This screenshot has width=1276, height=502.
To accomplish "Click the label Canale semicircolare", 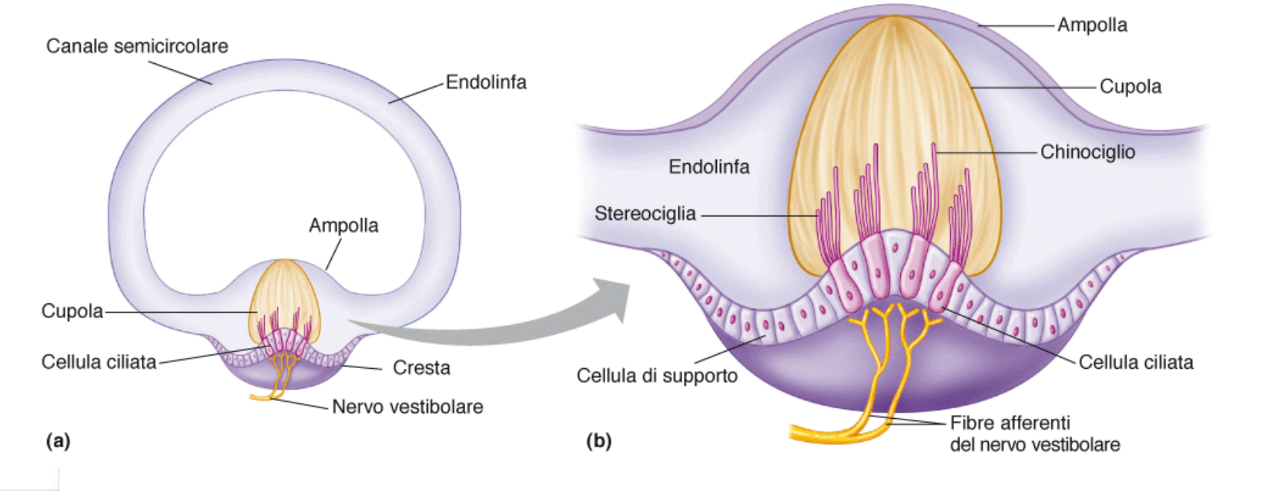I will [x=137, y=46].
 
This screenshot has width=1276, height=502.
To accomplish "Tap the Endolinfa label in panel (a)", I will [x=486, y=82].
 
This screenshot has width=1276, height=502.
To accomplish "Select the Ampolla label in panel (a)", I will [x=343, y=226].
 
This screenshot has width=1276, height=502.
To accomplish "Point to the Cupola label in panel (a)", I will [x=72, y=311].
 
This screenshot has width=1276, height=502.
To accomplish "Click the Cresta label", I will [x=421, y=368].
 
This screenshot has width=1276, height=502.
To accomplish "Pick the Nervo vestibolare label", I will [x=407, y=407].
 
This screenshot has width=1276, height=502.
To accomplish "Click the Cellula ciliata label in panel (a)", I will [x=99, y=362].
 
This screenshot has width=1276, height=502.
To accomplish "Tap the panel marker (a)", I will [x=58, y=440].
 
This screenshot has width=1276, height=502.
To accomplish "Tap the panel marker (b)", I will [x=598, y=440].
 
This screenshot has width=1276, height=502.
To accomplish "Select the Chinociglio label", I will [x=1087, y=152].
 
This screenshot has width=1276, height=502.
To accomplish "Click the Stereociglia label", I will [x=645, y=213].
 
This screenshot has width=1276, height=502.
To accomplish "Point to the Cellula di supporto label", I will [x=657, y=376].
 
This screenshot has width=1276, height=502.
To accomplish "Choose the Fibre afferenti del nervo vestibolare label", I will [x=1034, y=433].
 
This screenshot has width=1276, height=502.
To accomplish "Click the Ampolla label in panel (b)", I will [x=1092, y=25].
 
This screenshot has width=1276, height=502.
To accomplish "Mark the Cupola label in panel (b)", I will [x=1130, y=86].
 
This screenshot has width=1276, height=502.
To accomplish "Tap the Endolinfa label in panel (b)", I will [x=708, y=166].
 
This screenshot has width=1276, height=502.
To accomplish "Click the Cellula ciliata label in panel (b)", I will [x=1136, y=362].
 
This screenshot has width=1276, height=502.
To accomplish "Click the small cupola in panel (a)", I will [x=283, y=293].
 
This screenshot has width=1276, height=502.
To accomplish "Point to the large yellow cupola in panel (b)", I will [x=893, y=115].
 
